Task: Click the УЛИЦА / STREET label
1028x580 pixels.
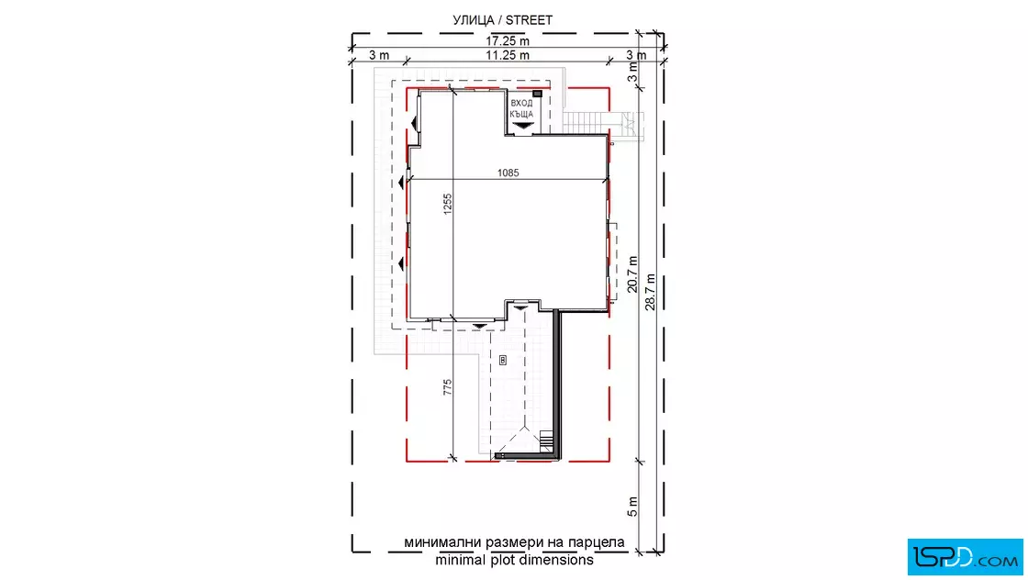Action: pos(503,20)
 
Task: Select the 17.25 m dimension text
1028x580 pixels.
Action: pos(508,41)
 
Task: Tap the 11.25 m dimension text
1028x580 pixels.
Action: pos(508,55)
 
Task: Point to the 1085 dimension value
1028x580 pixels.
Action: pos(508,173)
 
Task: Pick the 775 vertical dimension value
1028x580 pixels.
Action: pos(448,386)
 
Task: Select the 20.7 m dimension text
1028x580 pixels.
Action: pos(632,274)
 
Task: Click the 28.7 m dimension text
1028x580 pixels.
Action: pos(650,292)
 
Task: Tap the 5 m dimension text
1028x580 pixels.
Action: pos(632,507)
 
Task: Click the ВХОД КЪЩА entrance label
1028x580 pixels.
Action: pos(522,109)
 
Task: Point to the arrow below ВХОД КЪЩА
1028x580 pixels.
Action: pos(522,125)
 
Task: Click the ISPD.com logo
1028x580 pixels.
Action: pos(965,557)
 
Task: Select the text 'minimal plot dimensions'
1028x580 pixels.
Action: pos(515,561)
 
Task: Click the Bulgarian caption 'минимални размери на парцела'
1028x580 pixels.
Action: pos(514,542)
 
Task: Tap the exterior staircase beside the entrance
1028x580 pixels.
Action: pos(602,124)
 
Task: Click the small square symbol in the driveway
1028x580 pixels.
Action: pos(503,361)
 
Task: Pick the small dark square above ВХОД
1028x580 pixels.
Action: pos(537,94)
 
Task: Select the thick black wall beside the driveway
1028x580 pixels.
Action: pos(557,384)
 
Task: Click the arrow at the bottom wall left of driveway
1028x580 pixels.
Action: pos(480,326)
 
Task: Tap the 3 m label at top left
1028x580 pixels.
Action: pos(379,56)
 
